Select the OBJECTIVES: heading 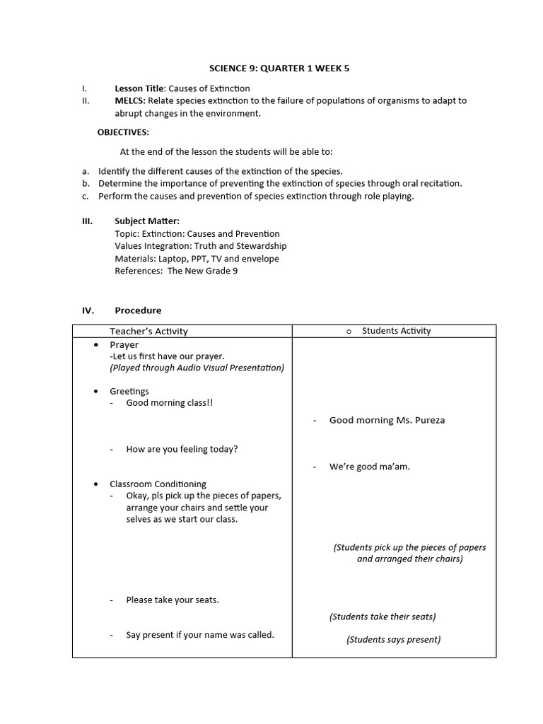click(x=123, y=132)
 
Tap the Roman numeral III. click(x=88, y=221)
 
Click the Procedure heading click(x=138, y=310)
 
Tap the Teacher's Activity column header click(x=148, y=332)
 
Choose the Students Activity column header click(x=396, y=331)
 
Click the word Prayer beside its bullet click(x=124, y=345)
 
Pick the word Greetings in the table click(x=129, y=391)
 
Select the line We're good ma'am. click(x=369, y=467)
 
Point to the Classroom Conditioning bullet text click(x=158, y=484)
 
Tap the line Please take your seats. click(x=173, y=600)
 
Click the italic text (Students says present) click(x=393, y=640)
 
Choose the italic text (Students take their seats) click(x=383, y=617)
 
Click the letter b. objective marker click(x=86, y=184)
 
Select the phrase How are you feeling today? click(x=182, y=449)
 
